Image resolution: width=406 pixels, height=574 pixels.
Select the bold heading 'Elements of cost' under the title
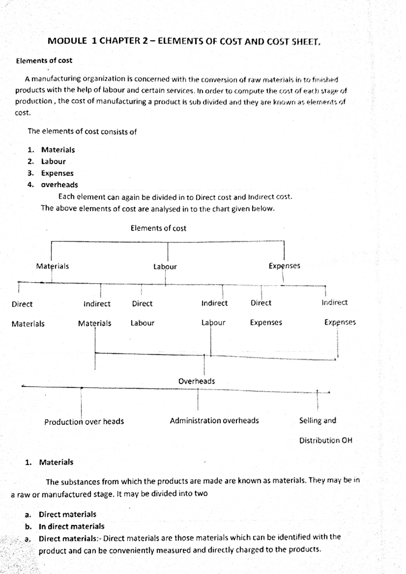coord(44,61)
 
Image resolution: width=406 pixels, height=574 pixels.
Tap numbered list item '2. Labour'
coord(53,162)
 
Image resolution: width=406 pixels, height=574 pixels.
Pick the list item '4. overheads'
coord(59,185)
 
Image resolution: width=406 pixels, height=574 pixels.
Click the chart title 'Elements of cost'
coord(158,229)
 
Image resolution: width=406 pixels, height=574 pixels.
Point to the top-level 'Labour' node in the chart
coord(165,267)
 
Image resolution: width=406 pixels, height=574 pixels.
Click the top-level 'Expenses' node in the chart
coord(284,266)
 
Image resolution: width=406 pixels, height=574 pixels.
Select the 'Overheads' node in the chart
coord(197,381)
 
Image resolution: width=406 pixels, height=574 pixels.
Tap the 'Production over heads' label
coord(84,422)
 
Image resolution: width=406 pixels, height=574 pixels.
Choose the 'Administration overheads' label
coord(214,421)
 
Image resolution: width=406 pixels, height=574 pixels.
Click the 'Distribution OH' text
coord(325,440)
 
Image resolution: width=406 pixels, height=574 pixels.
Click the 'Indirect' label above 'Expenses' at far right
coord(334,303)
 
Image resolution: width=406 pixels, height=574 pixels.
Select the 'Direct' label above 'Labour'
coord(142,304)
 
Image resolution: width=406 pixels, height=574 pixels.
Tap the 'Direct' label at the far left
coord(22,304)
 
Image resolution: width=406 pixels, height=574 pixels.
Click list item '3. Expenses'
coord(57,173)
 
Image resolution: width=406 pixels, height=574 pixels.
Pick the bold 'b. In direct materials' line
coord(71,526)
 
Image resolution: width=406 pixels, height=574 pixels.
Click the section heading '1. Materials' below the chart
coord(56,462)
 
